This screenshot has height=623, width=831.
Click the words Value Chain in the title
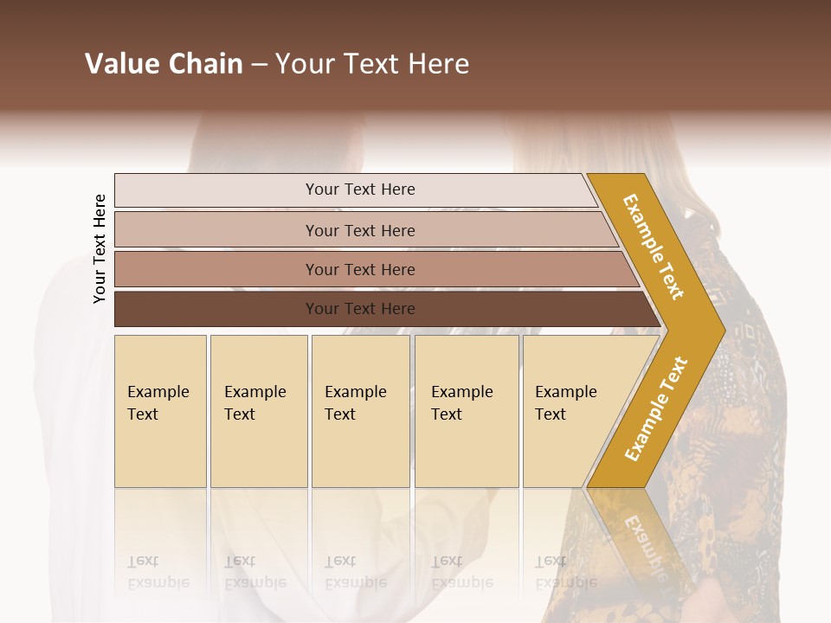(x=164, y=64)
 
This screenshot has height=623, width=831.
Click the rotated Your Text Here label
(x=100, y=248)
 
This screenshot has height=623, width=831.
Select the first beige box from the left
(x=160, y=411)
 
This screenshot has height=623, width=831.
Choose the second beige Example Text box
(x=258, y=411)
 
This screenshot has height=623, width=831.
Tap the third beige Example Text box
(x=360, y=411)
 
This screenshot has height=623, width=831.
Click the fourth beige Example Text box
(x=466, y=411)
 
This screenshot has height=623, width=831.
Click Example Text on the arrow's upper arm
(x=654, y=247)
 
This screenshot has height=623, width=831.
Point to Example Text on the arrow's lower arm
(x=656, y=408)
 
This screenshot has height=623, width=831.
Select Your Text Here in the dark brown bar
(x=360, y=309)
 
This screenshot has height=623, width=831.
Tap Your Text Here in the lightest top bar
(x=360, y=189)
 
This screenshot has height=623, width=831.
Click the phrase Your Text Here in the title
(x=372, y=64)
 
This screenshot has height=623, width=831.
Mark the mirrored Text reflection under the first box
(x=143, y=561)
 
